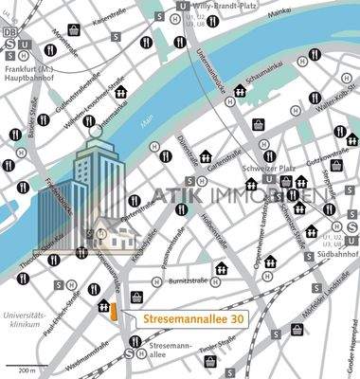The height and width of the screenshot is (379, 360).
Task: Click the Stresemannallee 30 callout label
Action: (x=192, y=319)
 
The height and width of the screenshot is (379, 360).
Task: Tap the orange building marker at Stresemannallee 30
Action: (x=113, y=311)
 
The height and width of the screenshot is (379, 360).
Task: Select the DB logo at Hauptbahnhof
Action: (x=10, y=31)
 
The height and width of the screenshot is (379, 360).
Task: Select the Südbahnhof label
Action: (x=336, y=255)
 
